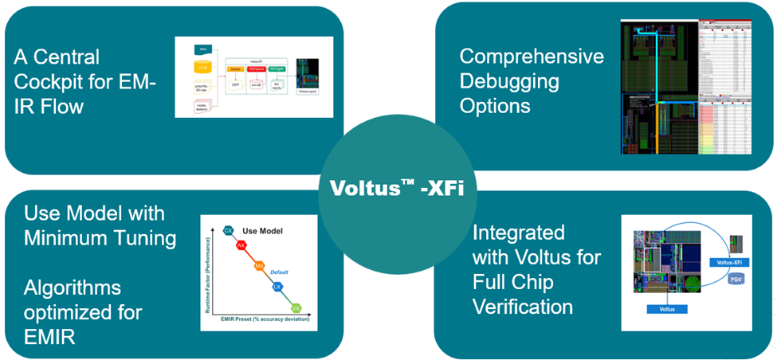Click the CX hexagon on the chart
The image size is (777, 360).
[x=229, y=231]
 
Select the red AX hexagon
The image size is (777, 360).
[x=241, y=246]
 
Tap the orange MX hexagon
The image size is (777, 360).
[x=259, y=265]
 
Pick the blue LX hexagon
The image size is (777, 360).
[x=277, y=285]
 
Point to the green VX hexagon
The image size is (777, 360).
[x=295, y=307]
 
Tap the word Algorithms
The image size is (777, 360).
[x=72, y=287]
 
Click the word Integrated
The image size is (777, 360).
[x=518, y=233]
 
